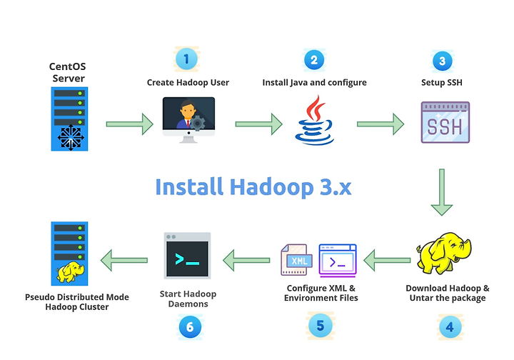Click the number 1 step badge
(186, 59)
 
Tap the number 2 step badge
(314, 60)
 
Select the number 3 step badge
(442, 61)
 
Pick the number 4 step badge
(450, 327)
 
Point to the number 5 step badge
(321, 326)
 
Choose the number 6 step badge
(190, 327)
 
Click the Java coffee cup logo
(314, 120)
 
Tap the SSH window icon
(445, 122)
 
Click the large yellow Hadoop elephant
(444, 253)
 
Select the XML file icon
(296, 260)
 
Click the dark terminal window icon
(187, 256)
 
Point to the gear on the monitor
(198, 124)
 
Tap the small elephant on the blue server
(70, 272)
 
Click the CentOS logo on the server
(71, 137)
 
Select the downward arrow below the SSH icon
(442, 192)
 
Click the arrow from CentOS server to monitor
(129, 124)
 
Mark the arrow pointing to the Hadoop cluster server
(124, 260)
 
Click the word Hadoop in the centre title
(271, 187)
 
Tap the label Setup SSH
(442, 82)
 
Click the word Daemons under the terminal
(188, 304)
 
